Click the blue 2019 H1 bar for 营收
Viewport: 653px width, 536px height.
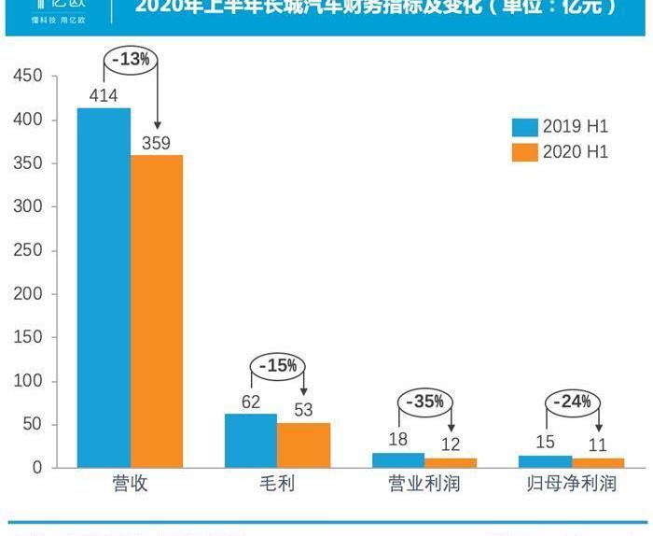click(x=104, y=288)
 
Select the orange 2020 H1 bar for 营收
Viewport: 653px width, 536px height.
click(x=157, y=311)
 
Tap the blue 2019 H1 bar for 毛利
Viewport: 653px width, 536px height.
click(x=251, y=441)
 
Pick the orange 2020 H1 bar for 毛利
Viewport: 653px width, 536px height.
click(x=303, y=444)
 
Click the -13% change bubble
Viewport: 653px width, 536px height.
click(x=131, y=59)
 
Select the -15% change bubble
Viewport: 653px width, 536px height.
click(x=277, y=365)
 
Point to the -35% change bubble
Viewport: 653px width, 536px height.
click(x=425, y=402)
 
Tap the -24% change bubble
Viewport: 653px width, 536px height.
click(x=573, y=402)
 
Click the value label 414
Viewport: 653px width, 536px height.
click(x=104, y=95)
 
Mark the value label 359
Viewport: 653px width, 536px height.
click(x=156, y=143)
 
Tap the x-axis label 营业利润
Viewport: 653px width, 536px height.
click(x=424, y=486)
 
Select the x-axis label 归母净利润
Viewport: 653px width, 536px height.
click(x=571, y=486)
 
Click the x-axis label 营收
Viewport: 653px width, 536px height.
click(x=130, y=486)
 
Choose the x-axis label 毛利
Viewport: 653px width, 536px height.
click(x=277, y=486)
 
